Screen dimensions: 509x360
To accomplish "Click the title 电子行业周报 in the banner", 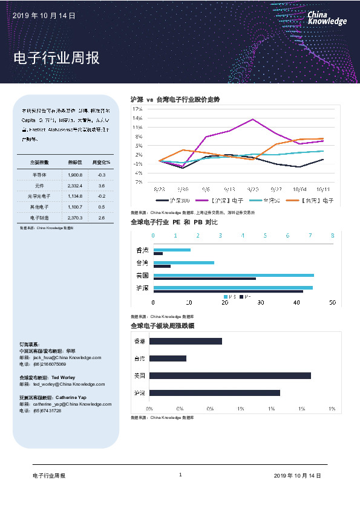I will click(56, 59).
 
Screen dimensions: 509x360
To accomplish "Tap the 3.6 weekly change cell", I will click(102, 185).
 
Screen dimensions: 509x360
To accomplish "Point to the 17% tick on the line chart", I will click(138, 109).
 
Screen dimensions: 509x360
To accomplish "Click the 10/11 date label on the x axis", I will click(322, 189).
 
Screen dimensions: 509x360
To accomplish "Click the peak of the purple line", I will click(252, 119).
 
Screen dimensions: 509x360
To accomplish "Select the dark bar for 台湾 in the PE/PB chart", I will click(162, 266).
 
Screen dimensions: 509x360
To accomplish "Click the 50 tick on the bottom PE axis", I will click(332, 302).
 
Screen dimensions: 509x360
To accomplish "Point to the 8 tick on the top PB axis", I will click(332, 235).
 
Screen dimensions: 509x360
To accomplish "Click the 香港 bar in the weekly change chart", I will click(185, 341).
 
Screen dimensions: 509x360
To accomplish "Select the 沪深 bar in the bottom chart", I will click(214, 393).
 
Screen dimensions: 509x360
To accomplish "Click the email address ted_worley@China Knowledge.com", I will click(68, 384).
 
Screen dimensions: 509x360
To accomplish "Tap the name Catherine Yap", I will click(74, 397).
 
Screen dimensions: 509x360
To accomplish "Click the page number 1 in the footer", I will click(180, 475).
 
